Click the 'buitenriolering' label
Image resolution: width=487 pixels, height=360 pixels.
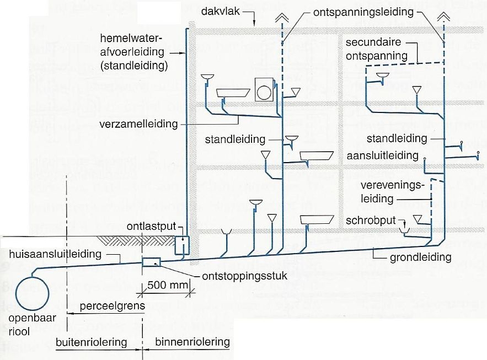(x=92, y=342)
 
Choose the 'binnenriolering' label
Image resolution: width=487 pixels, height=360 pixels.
(x=192, y=342)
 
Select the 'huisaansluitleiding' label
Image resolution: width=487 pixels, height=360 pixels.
(x=56, y=254)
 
